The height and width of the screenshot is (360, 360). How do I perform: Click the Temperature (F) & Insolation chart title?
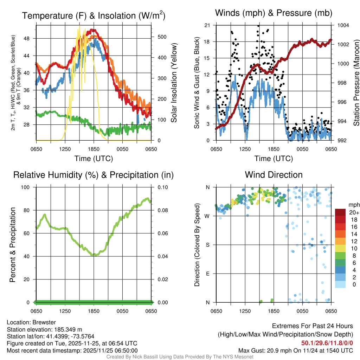click(94, 15)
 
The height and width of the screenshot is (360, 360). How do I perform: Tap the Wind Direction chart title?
click(274, 175)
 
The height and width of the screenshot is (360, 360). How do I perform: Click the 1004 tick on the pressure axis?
click(342, 25)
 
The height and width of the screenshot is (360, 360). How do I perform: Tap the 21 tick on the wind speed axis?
click(207, 25)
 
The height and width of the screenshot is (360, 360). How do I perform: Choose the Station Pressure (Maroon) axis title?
click(356, 83)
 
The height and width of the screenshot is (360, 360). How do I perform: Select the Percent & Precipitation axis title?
click(12, 245)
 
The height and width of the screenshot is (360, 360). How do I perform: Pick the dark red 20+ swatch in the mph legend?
click(340, 213)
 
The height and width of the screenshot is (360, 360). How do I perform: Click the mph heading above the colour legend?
click(353, 205)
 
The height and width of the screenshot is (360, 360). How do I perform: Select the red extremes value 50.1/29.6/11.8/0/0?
click(327, 343)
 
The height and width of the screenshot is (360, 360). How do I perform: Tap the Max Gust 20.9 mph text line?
click(295, 350)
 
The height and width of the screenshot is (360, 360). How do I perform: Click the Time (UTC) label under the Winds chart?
click(274, 159)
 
